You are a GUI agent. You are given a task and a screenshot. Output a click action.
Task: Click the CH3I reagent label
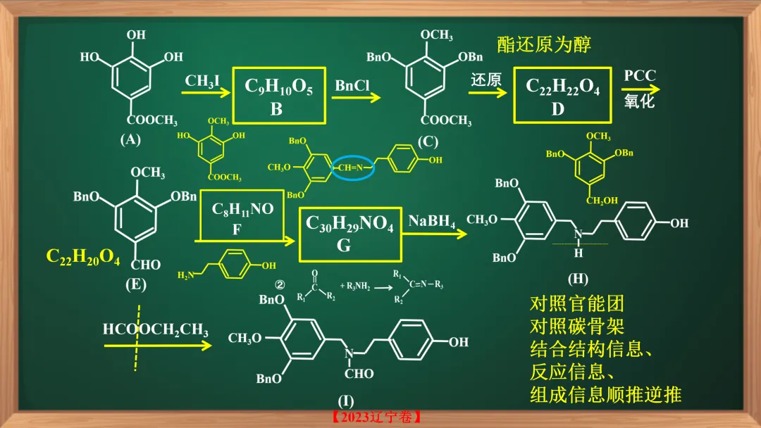(203, 82)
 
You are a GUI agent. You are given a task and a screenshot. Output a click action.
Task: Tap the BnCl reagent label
(352, 87)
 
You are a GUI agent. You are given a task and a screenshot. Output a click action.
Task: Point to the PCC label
(639, 76)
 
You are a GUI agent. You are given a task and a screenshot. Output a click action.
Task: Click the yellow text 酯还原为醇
(544, 44)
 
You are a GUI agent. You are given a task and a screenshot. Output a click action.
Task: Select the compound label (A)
(130, 139)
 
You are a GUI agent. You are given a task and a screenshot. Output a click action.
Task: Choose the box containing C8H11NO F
(242, 218)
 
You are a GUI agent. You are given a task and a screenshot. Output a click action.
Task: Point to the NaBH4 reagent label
(432, 222)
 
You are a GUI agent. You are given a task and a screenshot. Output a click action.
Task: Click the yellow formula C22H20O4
(83, 257)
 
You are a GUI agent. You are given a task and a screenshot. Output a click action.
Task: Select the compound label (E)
(135, 285)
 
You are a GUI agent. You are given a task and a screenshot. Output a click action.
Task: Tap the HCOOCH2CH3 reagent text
(155, 329)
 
